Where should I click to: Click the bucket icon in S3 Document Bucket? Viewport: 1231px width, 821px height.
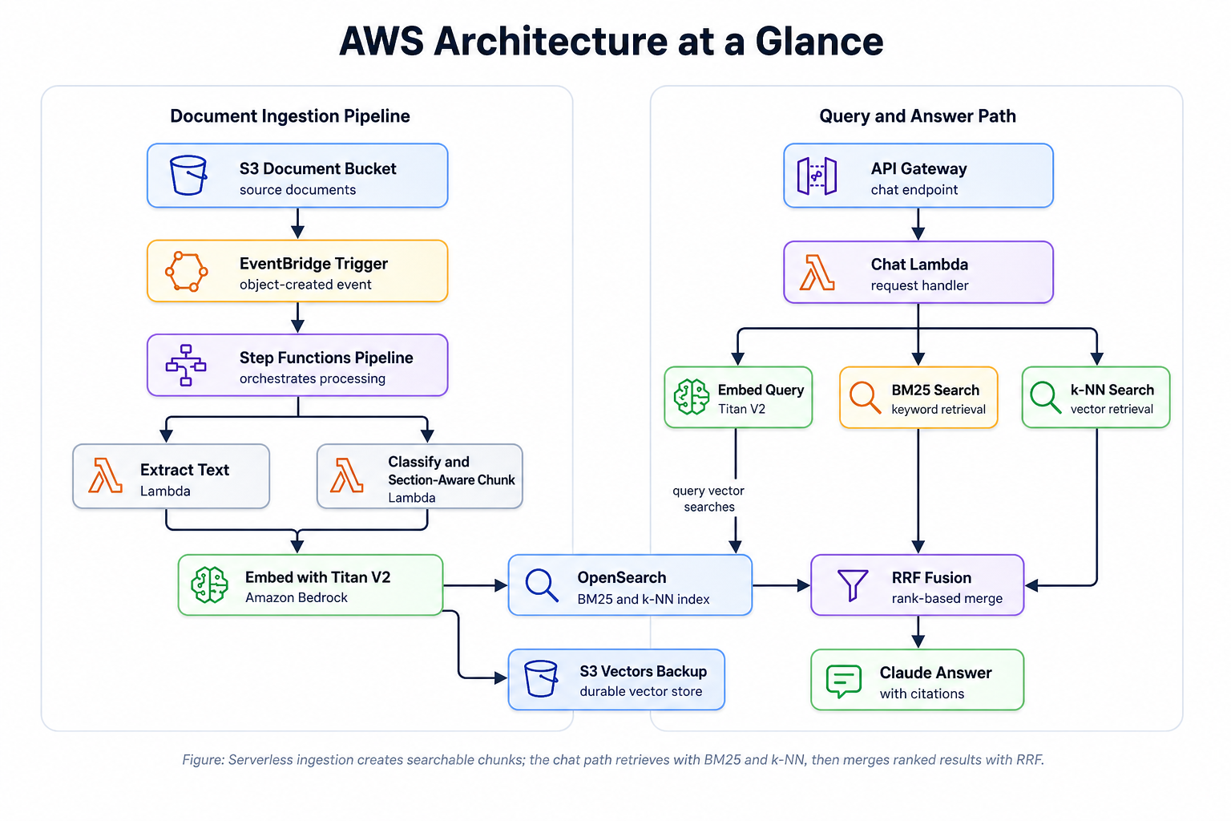[x=188, y=175]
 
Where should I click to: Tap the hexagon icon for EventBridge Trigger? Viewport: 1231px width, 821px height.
[x=187, y=272]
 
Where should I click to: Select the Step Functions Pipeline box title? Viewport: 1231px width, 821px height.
[x=326, y=358]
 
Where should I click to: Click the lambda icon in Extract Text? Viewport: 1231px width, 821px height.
[x=106, y=475]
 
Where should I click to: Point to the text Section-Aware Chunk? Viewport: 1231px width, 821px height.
[x=451, y=479]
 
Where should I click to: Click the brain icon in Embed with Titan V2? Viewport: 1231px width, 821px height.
[x=210, y=584]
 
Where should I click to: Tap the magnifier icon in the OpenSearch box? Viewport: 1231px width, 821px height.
[x=542, y=584]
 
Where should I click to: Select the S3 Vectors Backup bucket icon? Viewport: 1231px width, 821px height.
[x=541, y=679]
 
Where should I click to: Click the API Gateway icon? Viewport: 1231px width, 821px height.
[x=817, y=176]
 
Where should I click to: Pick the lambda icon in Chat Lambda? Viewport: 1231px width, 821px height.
[x=817, y=273]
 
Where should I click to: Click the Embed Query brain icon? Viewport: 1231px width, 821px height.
[x=692, y=397]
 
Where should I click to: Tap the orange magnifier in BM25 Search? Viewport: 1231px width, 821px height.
[x=865, y=397]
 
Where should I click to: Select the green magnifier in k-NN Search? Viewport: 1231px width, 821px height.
[x=1045, y=397]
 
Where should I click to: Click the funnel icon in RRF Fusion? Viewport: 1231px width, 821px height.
[x=852, y=584]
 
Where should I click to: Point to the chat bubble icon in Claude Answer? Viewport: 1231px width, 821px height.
[x=843, y=681]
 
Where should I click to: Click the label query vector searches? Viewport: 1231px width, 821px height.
[x=708, y=499]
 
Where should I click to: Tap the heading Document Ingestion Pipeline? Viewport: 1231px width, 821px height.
[x=290, y=116]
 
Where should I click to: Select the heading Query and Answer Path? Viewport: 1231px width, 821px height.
[x=917, y=116]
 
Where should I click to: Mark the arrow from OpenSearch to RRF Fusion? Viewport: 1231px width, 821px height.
[x=781, y=586]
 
